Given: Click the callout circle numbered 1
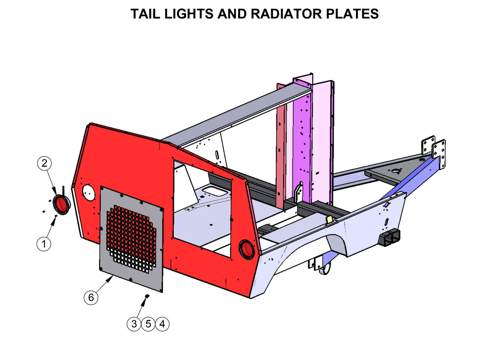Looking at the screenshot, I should pyautogui.click(x=44, y=244).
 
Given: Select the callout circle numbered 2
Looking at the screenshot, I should pyautogui.click(x=44, y=163).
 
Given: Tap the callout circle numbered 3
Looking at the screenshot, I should pyautogui.click(x=134, y=324).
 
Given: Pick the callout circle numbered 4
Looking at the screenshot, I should pyautogui.click(x=162, y=324).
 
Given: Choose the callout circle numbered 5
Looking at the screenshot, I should pyautogui.click(x=148, y=324).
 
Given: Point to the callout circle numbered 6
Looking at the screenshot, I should pyautogui.click(x=91, y=297).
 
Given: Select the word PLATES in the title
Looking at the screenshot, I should pyautogui.click(x=352, y=14).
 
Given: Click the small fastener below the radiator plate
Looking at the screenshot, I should pyautogui.click(x=147, y=296).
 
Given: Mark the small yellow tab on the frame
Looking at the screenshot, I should pyautogui.click(x=329, y=220).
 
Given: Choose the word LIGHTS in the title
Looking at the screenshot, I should pyautogui.click(x=188, y=14).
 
